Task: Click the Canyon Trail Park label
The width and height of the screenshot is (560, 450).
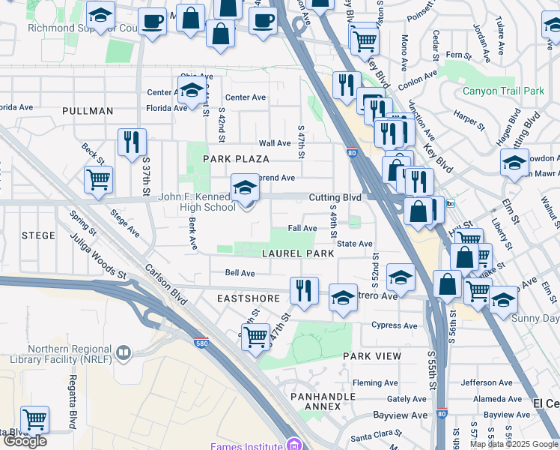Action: [503, 91]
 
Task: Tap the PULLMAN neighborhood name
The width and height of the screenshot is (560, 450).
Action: [88, 111]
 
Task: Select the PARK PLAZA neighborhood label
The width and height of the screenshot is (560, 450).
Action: [236, 160]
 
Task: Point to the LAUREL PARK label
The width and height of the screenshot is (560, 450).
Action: [298, 253]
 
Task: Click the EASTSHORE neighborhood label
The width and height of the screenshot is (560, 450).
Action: [249, 298]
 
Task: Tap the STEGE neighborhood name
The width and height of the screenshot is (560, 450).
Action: [38, 235]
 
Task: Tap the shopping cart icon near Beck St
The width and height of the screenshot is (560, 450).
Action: [99, 179]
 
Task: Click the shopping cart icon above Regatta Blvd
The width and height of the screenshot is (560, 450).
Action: [34, 419]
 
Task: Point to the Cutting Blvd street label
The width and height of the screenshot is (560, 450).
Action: [335, 197]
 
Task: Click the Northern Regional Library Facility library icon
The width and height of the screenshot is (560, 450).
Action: [122, 352]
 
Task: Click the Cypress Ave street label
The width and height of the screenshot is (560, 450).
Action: [394, 325]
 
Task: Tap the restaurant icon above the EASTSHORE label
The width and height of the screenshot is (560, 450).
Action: [304, 289]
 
